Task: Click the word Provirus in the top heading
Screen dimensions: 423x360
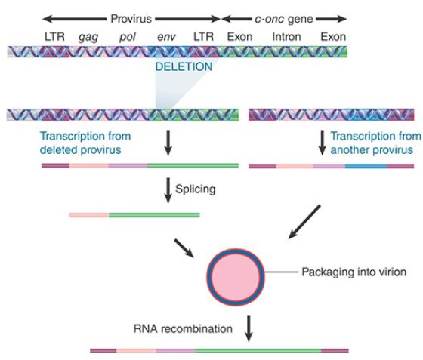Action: pyautogui.click(x=131, y=19)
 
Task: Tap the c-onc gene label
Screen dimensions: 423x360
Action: pyautogui.click(x=284, y=19)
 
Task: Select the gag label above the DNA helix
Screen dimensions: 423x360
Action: pyautogui.click(x=88, y=37)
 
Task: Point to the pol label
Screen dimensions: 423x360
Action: pyautogui.click(x=128, y=37)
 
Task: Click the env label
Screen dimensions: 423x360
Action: pyautogui.click(x=166, y=37)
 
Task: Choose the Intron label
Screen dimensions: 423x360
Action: pyautogui.click(x=286, y=36)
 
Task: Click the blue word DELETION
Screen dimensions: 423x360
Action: pyautogui.click(x=184, y=66)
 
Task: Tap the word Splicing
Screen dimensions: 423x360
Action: pyautogui.click(x=196, y=189)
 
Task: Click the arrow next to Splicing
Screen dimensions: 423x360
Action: pyautogui.click(x=168, y=190)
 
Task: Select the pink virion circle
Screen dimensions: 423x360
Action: pyautogui.click(x=236, y=277)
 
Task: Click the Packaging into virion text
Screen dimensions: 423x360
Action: pyautogui.click(x=354, y=272)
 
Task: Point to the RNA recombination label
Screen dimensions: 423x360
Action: pyautogui.click(x=183, y=329)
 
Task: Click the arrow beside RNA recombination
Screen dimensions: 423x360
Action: pyautogui.click(x=249, y=328)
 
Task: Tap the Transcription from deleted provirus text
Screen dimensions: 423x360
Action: pyautogui.click(x=85, y=143)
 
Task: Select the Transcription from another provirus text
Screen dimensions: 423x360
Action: pyautogui.click(x=375, y=143)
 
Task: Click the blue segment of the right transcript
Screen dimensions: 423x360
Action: pyautogui.click(x=366, y=166)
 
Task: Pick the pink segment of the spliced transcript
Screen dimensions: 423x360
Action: pyautogui.click(x=89, y=215)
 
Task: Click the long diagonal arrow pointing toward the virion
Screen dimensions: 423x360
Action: pyautogui.click(x=304, y=222)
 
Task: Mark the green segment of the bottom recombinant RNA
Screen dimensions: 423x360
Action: pyautogui.click(x=258, y=351)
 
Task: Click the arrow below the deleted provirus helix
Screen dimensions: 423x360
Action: pyautogui.click(x=168, y=143)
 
